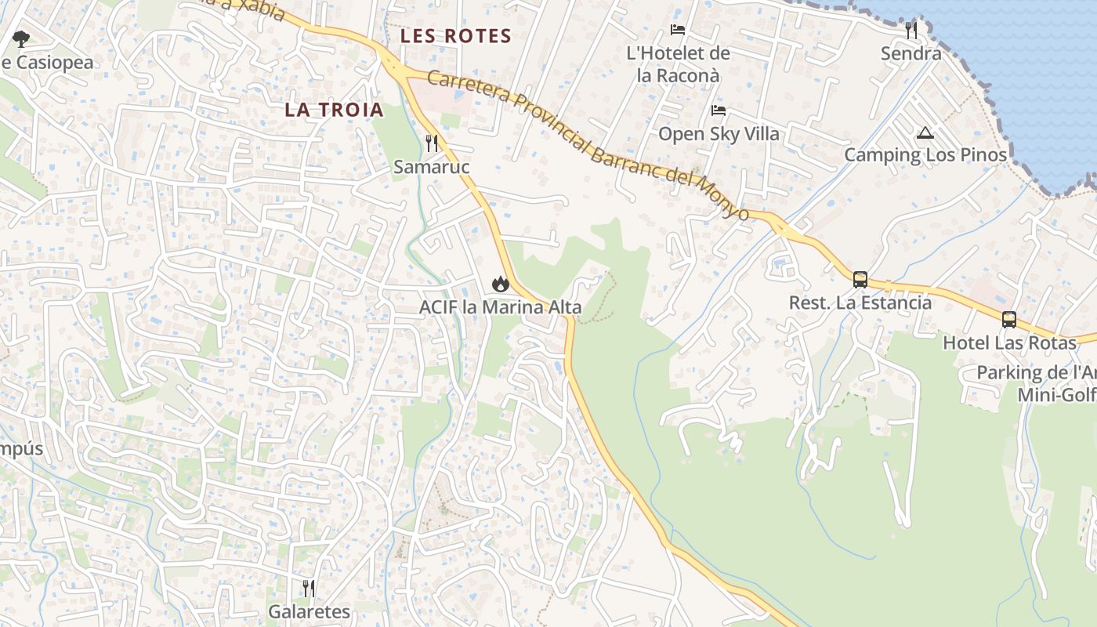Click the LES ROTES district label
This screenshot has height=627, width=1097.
[455, 36]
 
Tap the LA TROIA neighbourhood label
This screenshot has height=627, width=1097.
[334, 110]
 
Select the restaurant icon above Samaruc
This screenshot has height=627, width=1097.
[432, 143]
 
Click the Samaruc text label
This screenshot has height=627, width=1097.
[432, 167]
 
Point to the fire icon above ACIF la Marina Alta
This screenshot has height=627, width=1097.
[499, 284]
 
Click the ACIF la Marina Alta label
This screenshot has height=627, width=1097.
[500, 307]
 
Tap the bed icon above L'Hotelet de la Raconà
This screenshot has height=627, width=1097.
[678, 30]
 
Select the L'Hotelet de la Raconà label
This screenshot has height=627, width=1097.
[679, 64]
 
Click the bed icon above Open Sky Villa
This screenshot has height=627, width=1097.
[719, 111]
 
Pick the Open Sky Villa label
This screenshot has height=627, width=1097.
[719, 134]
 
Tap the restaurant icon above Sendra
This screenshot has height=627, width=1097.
[911, 31]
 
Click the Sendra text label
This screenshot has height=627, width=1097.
[911, 53]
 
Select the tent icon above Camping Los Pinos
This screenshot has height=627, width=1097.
[925, 132]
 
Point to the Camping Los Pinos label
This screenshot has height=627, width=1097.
[925, 155]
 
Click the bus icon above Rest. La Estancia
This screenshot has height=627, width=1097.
[860, 279]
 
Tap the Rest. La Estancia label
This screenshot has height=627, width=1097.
[860, 303]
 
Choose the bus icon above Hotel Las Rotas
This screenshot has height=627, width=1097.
[1009, 320]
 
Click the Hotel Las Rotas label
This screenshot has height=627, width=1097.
[1009, 342]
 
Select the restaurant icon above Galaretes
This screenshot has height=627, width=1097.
[309, 588]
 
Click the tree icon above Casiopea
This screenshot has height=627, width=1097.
[21, 38]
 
